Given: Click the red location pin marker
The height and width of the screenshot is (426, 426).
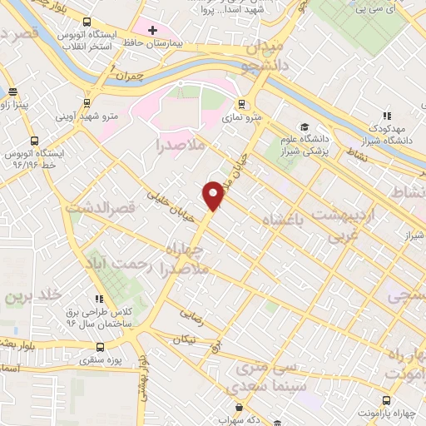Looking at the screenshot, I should pyautogui.click(x=214, y=195).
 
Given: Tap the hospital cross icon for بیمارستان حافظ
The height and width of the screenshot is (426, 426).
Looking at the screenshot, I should pyautogui.click(x=152, y=31).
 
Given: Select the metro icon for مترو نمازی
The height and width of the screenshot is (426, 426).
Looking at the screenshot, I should pyautogui.click(x=242, y=104).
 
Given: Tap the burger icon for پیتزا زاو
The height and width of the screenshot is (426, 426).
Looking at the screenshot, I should pyautogui.click(x=12, y=92).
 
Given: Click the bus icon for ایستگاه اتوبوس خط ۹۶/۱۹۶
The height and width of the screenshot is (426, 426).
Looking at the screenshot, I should pyautogui.click(x=33, y=141).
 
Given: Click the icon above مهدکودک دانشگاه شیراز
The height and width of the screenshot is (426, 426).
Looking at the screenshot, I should pyautogui.click(x=386, y=116).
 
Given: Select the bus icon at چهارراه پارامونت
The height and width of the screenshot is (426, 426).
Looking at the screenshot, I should pyautogui.click(x=385, y=399).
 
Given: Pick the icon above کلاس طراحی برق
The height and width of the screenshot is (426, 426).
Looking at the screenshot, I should pyautogui.click(x=99, y=298).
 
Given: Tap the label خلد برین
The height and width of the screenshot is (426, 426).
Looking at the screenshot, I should pyautogui.click(x=28, y=296).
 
